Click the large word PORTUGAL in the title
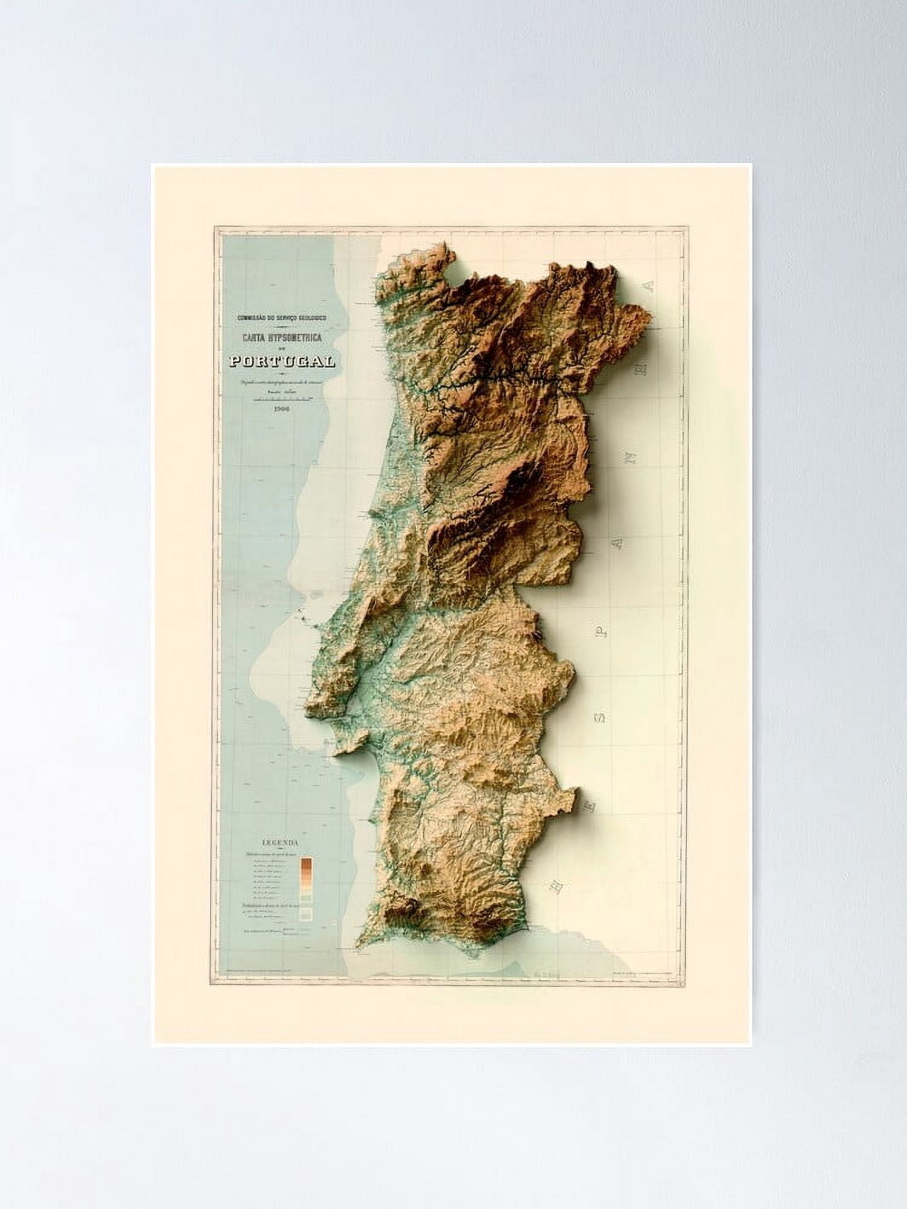pyautogui.click(x=282, y=361)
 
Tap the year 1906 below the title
pyautogui.click(x=282, y=409)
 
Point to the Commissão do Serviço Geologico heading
pyautogui.click(x=282, y=317)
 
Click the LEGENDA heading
pyautogui.click(x=281, y=841)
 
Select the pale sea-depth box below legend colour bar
pyautogui.click(x=306, y=913)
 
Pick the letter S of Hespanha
pyautogui.click(x=600, y=718)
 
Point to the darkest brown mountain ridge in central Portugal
pyautogui.click(x=520, y=478)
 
